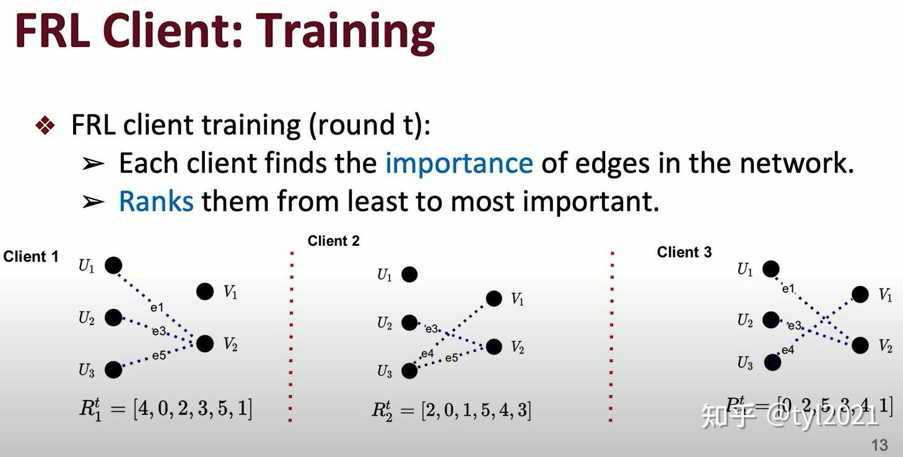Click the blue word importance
[458, 163]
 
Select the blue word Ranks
[156, 201]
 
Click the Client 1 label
[31, 256]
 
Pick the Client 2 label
[333, 241]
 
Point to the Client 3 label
[684, 252]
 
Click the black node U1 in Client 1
[113, 265]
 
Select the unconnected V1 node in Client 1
[205, 291]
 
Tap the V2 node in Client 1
[205, 343]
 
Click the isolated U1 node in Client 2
[409, 274]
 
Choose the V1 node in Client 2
[494, 299]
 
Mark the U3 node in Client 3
[772, 362]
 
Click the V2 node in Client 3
[860, 345]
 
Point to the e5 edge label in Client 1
[159, 355]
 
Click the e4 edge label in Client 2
[427, 354]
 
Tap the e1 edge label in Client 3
[788, 289]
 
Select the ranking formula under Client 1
[165, 409]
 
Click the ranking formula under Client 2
[451, 410]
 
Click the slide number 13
[879, 445]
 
